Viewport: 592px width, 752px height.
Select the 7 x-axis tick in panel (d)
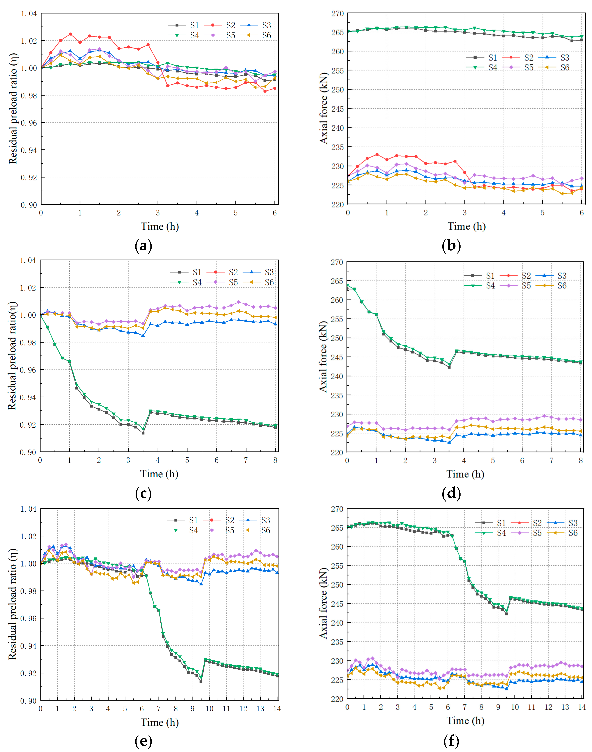[x=551, y=461]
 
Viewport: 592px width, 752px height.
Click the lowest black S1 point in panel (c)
[x=143, y=433]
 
